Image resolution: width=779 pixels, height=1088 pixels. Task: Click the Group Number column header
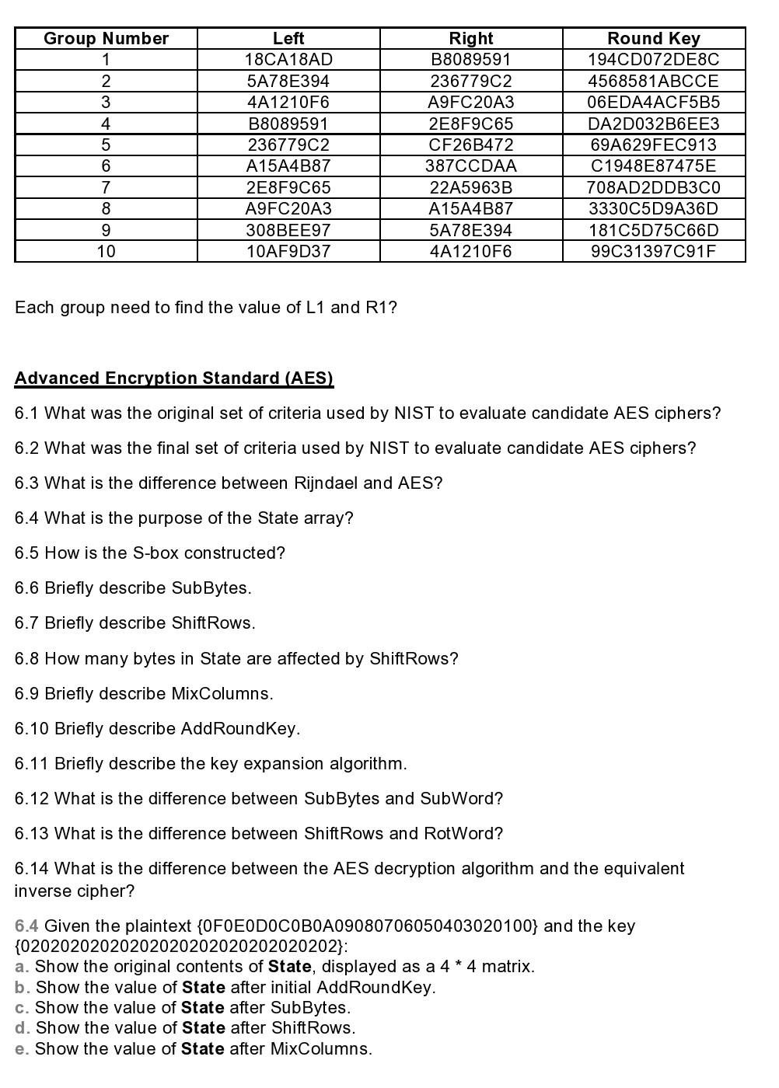coord(106,38)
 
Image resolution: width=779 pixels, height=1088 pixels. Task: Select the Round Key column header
coord(653,38)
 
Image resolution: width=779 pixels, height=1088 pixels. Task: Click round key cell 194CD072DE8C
coord(653,59)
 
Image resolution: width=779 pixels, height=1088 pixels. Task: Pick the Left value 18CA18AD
coord(288,59)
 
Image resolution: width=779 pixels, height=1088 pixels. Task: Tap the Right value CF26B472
coord(470,145)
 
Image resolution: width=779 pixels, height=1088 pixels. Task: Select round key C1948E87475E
coord(653,166)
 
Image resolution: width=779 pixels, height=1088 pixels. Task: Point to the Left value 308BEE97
coord(288,230)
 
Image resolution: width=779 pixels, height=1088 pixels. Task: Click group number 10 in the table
coord(106,251)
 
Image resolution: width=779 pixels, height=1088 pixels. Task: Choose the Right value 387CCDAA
coord(470,166)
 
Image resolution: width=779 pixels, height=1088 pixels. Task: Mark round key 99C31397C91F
coord(653,251)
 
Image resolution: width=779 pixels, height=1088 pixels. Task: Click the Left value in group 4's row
coord(288,124)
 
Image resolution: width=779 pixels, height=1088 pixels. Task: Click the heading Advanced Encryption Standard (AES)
coord(174,378)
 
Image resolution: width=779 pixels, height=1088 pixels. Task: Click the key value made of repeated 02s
coord(180,947)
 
